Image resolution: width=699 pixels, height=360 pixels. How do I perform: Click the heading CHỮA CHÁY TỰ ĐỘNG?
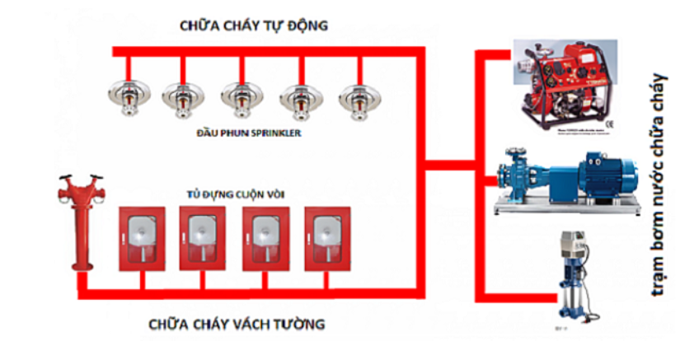(254, 26)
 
